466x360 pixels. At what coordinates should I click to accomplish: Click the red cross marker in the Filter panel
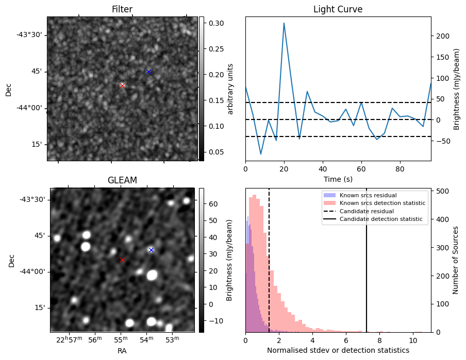[x=122, y=85]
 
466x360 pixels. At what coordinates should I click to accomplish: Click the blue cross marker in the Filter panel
[x=148, y=72]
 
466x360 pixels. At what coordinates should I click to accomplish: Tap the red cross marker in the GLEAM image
[x=122, y=260]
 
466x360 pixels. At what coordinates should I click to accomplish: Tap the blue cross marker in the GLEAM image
[x=151, y=250]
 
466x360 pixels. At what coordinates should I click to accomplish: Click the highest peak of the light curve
[x=284, y=23]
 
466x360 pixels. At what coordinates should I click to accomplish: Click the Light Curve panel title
[x=338, y=9]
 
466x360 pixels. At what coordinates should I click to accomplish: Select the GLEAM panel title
[x=122, y=180]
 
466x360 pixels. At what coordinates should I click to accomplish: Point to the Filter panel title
[x=122, y=9]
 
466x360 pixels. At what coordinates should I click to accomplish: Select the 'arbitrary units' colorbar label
[x=230, y=89]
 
